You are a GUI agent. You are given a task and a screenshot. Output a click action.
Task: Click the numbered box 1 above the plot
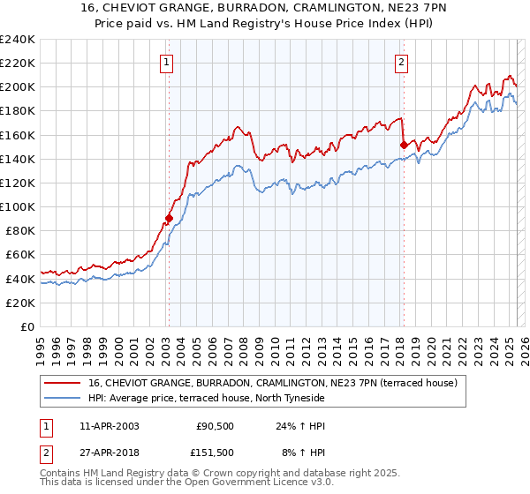coord(167,62)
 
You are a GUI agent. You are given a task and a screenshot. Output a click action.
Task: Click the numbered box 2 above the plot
coord(402,62)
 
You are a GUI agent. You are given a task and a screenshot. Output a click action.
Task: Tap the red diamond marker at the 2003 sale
coord(169,217)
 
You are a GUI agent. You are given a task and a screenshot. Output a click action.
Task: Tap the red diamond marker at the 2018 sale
coord(404,145)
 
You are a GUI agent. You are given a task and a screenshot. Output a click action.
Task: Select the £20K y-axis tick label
coord(20,303)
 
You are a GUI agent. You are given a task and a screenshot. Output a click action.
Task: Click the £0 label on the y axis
coord(26,326)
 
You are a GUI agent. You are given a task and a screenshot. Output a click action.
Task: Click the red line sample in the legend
coord(64,383)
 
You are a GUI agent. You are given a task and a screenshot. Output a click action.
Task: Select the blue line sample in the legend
coord(64,398)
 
